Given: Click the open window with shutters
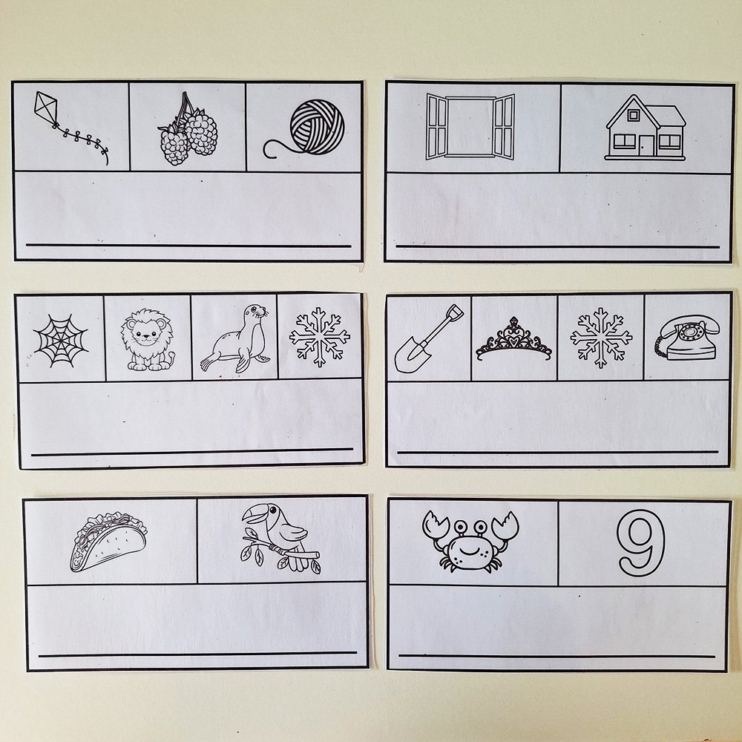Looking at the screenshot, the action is [470, 127].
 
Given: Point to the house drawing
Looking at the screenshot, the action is [646, 128].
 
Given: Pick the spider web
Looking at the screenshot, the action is [61, 341].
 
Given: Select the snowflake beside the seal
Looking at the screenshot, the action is [319, 337].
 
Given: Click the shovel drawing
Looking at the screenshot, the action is [428, 339].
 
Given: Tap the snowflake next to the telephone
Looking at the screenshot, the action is [601, 338].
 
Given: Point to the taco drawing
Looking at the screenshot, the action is [109, 542].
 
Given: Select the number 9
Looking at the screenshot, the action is [642, 543].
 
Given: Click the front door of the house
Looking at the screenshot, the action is [646, 145].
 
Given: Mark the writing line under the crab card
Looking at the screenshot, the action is [556, 657].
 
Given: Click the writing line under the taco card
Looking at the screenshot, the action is [198, 654].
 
